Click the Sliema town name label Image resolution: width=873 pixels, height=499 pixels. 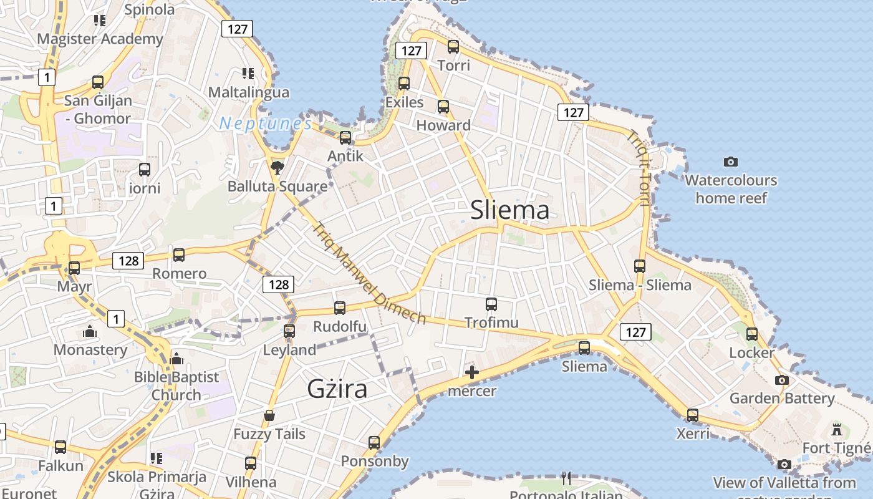(x=510, y=210)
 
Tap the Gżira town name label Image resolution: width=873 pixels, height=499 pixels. (x=337, y=389)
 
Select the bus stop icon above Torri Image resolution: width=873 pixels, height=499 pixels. (x=453, y=47)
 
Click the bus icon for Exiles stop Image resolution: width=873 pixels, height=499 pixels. (x=404, y=84)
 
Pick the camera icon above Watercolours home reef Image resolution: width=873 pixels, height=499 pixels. (x=731, y=162)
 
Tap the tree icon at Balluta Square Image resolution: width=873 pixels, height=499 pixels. (x=277, y=167)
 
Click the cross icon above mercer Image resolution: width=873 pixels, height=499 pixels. (x=472, y=373)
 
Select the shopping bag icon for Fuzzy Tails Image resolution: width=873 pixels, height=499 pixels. (x=269, y=415)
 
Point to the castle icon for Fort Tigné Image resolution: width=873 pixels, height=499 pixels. (x=837, y=430)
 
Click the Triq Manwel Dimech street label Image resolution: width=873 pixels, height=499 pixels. (x=370, y=273)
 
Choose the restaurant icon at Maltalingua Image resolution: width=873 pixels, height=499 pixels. (x=248, y=74)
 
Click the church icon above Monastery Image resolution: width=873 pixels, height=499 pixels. (x=90, y=331)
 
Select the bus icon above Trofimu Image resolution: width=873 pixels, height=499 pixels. (x=491, y=304)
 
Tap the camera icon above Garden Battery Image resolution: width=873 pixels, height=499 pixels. (x=781, y=380)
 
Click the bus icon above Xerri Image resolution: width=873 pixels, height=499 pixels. (x=692, y=415)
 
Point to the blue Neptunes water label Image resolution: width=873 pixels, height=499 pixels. (x=266, y=124)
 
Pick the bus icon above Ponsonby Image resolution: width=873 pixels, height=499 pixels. (x=374, y=443)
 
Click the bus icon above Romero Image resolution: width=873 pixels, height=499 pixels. (x=179, y=255)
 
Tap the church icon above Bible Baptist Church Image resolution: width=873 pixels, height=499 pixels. (x=176, y=359)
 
